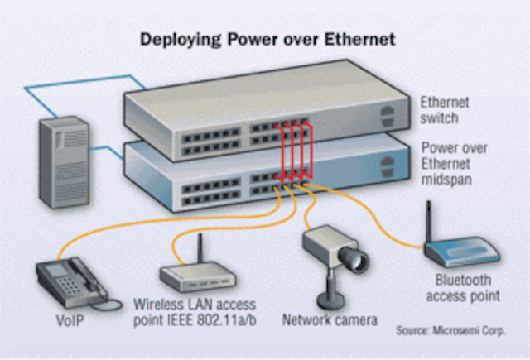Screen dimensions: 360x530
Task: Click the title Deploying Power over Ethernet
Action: pos(266,39)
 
